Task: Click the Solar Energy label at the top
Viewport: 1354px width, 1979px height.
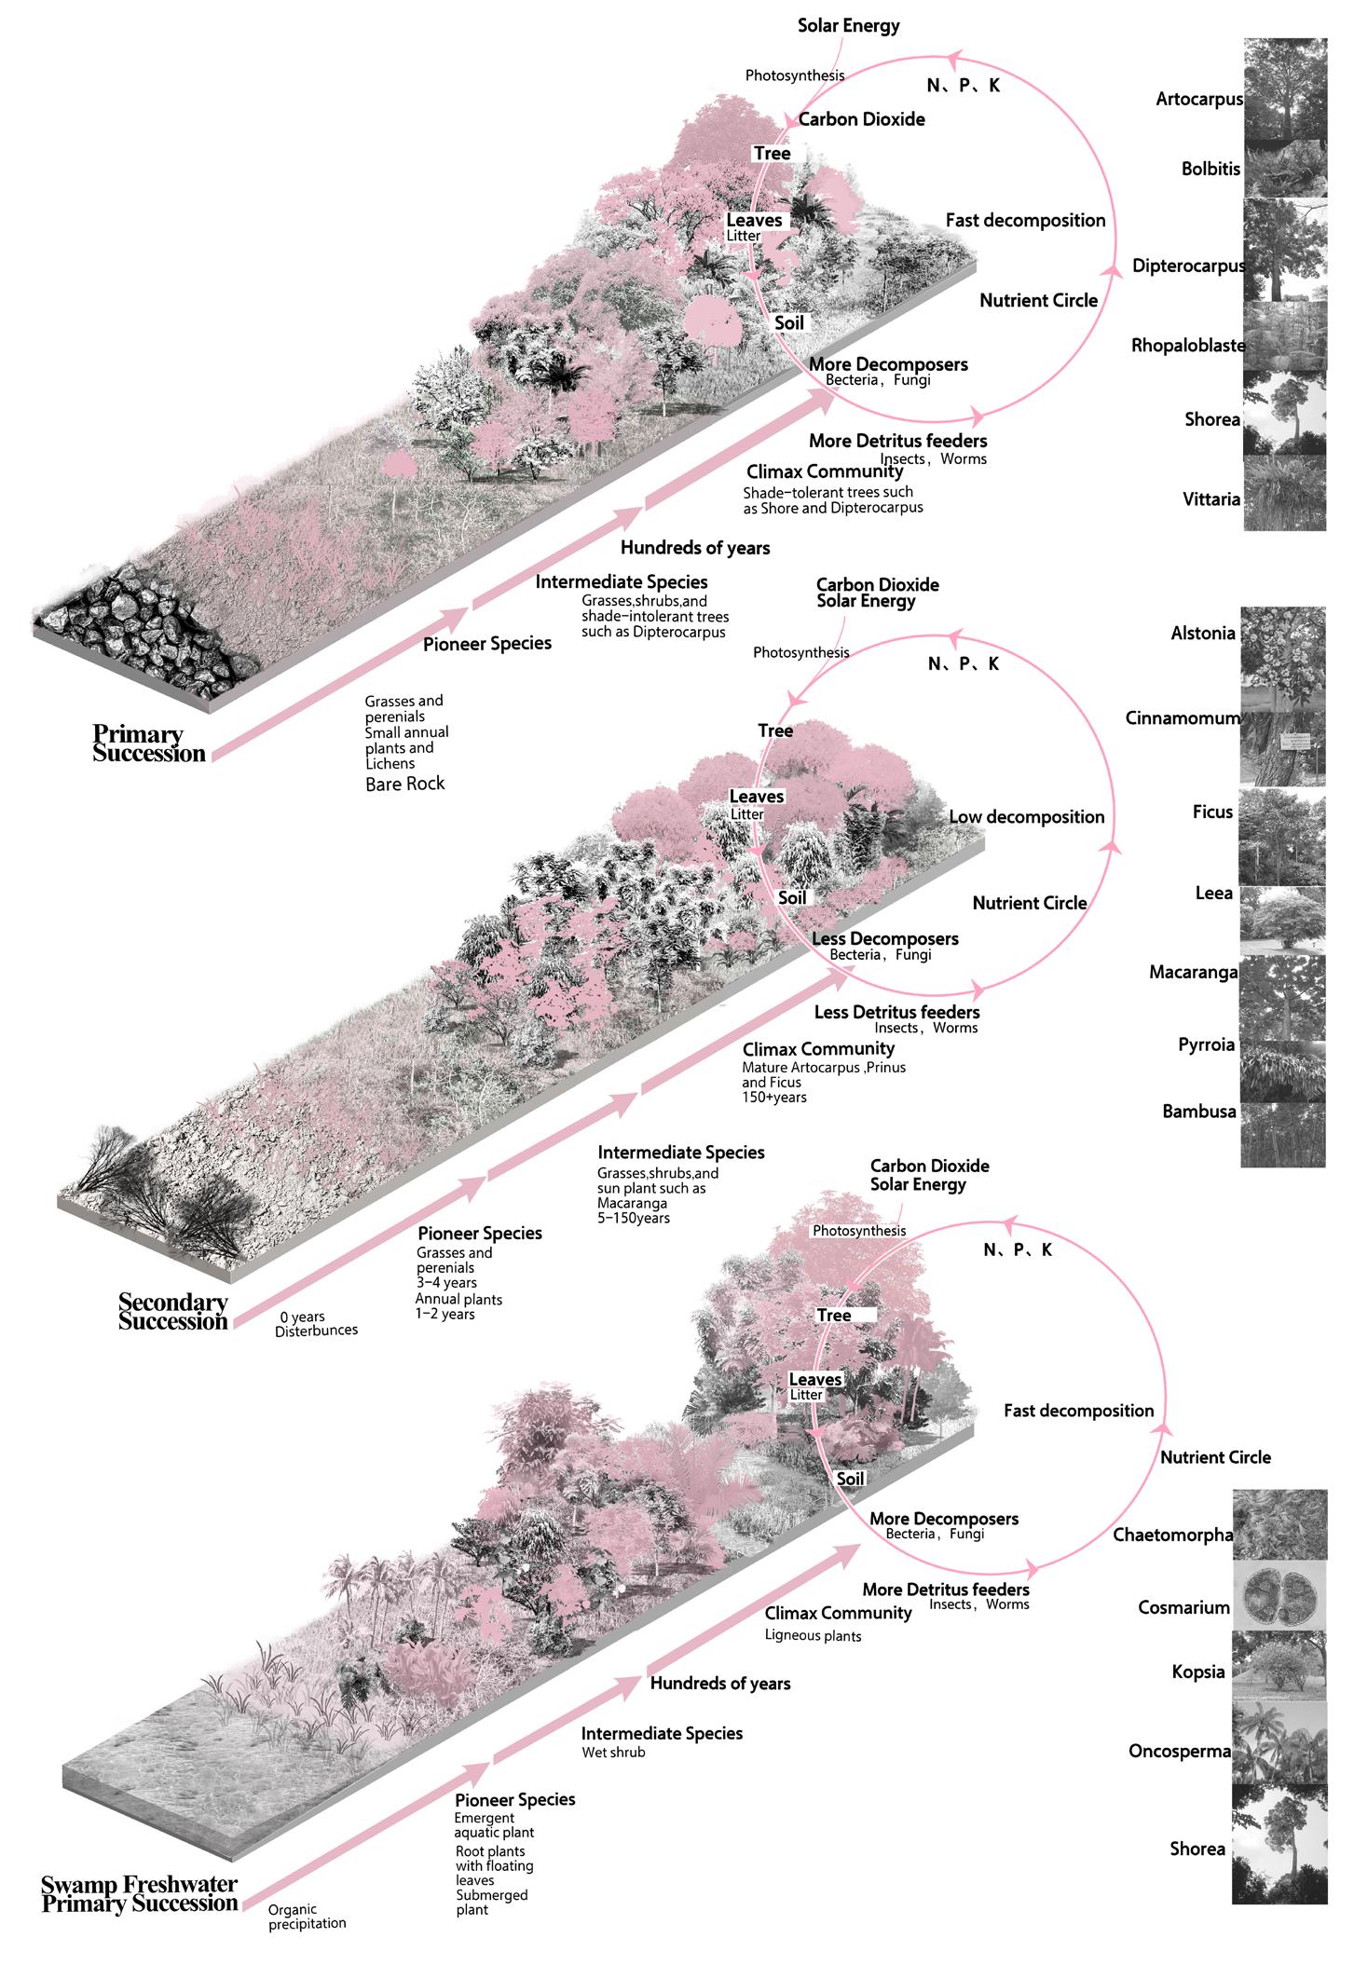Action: pos(848,25)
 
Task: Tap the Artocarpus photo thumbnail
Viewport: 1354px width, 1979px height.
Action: pos(1285,89)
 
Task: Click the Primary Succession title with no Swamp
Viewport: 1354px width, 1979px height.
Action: pos(148,744)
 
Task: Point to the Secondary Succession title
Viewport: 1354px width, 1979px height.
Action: pos(173,1312)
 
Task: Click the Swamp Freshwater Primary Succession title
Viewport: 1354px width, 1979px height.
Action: pos(140,1893)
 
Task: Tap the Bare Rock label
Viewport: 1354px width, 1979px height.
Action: pos(404,784)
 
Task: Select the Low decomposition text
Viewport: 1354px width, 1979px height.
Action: pos(1026,817)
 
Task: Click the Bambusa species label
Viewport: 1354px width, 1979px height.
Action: pos(1198,1111)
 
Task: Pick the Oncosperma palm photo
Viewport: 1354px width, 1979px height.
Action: pos(1279,1750)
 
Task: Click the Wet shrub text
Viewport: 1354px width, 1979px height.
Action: pos(613,1752)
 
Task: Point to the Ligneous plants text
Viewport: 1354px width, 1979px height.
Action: pos(813,1635)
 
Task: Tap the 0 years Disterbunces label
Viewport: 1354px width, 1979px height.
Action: pos(316,1323)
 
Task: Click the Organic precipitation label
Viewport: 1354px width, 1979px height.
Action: pos(307,1917)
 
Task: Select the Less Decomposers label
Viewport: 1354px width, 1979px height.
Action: pos(884,938)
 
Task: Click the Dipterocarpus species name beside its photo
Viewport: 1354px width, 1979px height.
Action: pos(1187,266)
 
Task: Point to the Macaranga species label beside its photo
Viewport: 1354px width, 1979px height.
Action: pos(1193,972)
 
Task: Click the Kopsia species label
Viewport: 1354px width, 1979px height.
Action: pos(1197,1672)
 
